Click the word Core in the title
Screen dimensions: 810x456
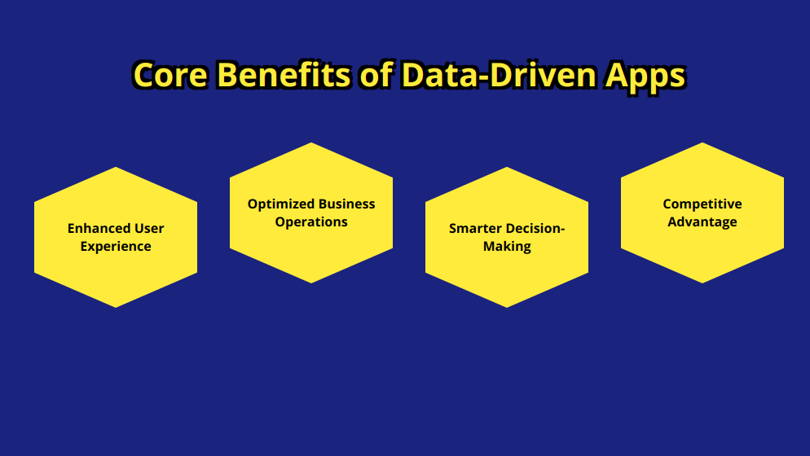pyautogui.click(x=171, y=75)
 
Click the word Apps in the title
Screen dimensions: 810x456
pyautogui.click(x=645, y=77)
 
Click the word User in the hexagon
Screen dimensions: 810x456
pyautogui.click(x=149, y=228)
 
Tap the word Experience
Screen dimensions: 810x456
pyautogui.click(x=116, y=247)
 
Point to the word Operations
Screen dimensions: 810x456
pyautogui.click(x=311, y=222)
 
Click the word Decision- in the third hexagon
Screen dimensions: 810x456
pyautogui.click(x=535, y=228)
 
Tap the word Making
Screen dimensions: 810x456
pyautogui.click(x=507, y=247)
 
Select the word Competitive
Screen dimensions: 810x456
pyautogui.click(x=702, y=204)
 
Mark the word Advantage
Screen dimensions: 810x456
pyautogui.click(x=702, y=222)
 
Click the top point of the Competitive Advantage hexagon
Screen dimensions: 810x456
pyautogui.click(x=702, y=142)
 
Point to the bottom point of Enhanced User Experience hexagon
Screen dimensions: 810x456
pyautogui.click(x=116, y=308)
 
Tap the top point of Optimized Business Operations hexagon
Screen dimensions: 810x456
pyautogui.click(x=311, y=142)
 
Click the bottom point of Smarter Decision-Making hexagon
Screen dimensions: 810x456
pyautogui.click(x=507, y=308)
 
